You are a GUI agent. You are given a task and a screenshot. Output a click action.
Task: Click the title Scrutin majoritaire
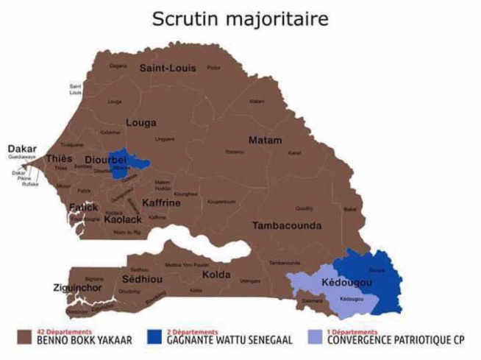240,18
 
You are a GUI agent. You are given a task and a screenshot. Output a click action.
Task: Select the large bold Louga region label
142,123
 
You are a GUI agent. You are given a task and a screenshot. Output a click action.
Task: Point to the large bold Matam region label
266,140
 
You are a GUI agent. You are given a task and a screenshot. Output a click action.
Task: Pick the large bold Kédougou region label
347,283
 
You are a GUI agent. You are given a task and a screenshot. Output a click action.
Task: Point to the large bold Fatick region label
83,208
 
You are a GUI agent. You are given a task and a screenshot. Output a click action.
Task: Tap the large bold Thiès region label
59,159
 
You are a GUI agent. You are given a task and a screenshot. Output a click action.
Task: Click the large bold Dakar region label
22,148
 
